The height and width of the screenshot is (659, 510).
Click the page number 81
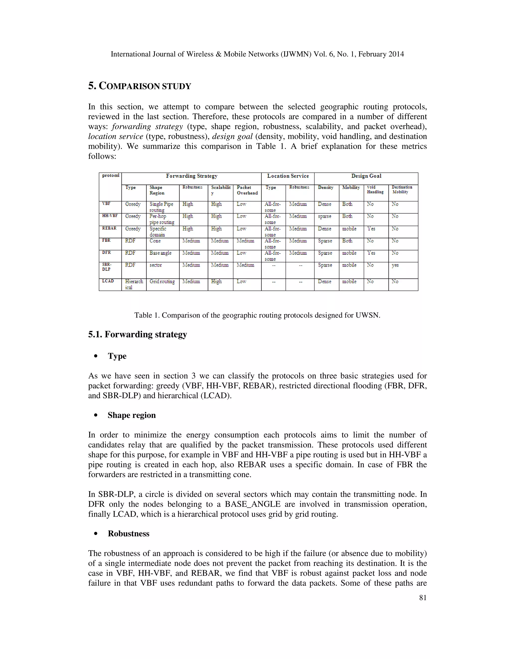click(x=423, y=598)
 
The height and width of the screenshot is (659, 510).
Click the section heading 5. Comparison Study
click(x=140, y=86)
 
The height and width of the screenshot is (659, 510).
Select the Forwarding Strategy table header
click(x=191, y=176)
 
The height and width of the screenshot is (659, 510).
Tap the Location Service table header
click(x=288, y=176)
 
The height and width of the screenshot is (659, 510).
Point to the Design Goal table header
click(x=366, y=176)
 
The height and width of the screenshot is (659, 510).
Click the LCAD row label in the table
click(x=108, y=281)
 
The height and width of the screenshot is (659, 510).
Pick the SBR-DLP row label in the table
click(x=106, y=267)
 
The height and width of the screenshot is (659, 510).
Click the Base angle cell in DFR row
click(x=160, y=253)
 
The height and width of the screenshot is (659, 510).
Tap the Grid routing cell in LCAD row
click(x=162, y=281)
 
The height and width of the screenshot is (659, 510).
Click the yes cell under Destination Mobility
click(x=395, y=265)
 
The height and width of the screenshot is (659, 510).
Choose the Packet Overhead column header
click(x=247, y=190)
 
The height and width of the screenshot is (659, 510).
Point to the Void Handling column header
click(x=375, y=189)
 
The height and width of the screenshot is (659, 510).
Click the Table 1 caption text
click(x=257, y=315)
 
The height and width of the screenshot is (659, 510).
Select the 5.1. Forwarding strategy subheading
click(x=137, y=334)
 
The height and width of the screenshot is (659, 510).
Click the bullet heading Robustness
click(x=128, y=533)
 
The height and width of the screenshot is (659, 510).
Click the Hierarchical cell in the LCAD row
click(x=134, y=284)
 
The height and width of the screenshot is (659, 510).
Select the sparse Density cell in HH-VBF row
click(x=324, y=216)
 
